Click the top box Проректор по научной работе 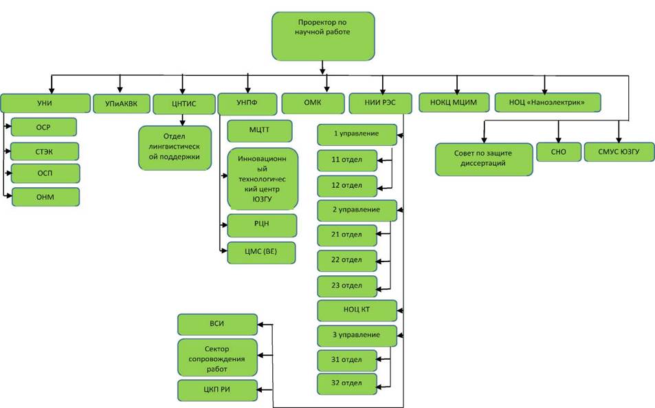point(323,36)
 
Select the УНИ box point(45,103)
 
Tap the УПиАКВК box point(121,104)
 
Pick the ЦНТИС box point(184,104)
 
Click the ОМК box point(313,103)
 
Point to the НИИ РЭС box point(380,103)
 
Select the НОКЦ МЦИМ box point(454,103)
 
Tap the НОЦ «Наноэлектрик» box point(548,103)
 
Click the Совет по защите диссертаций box point(484,159)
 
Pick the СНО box point(559,152)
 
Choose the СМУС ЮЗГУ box point(619,152)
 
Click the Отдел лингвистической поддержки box point(175,148)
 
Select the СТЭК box point(44,152)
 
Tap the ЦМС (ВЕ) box point(261,253)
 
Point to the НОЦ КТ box point(357,310)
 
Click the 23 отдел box point(347,286)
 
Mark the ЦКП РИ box point(217,390)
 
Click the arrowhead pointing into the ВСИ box point(260,324)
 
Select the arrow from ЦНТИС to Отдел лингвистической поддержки point(182,120)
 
